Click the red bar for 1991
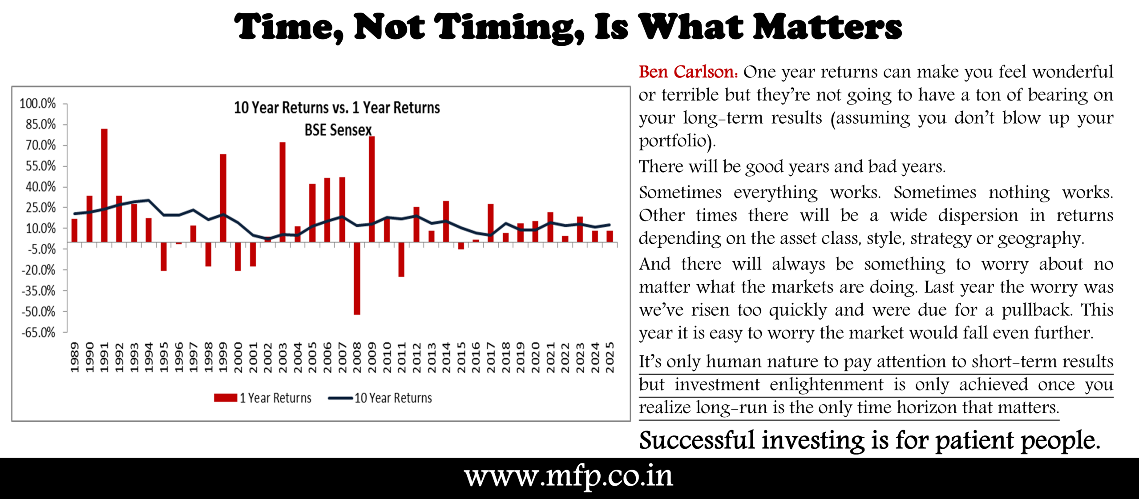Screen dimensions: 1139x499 104,185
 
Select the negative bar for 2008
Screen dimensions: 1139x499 357,278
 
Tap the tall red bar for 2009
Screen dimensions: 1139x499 372,189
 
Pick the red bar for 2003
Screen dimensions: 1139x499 283,192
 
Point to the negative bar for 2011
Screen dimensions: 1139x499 401,260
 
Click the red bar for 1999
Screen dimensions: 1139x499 223,198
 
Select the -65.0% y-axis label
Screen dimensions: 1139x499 39,333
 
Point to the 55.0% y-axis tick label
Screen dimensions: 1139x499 40,166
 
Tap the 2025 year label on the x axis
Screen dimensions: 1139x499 610,357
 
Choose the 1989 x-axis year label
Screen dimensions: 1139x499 74,357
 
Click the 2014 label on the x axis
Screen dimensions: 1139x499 446,357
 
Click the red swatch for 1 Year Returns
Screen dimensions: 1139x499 226,398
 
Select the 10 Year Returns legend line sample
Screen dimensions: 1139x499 340,398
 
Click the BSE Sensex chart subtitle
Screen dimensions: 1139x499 338,130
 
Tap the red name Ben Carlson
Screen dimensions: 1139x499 688,72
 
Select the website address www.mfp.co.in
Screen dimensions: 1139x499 569,477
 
